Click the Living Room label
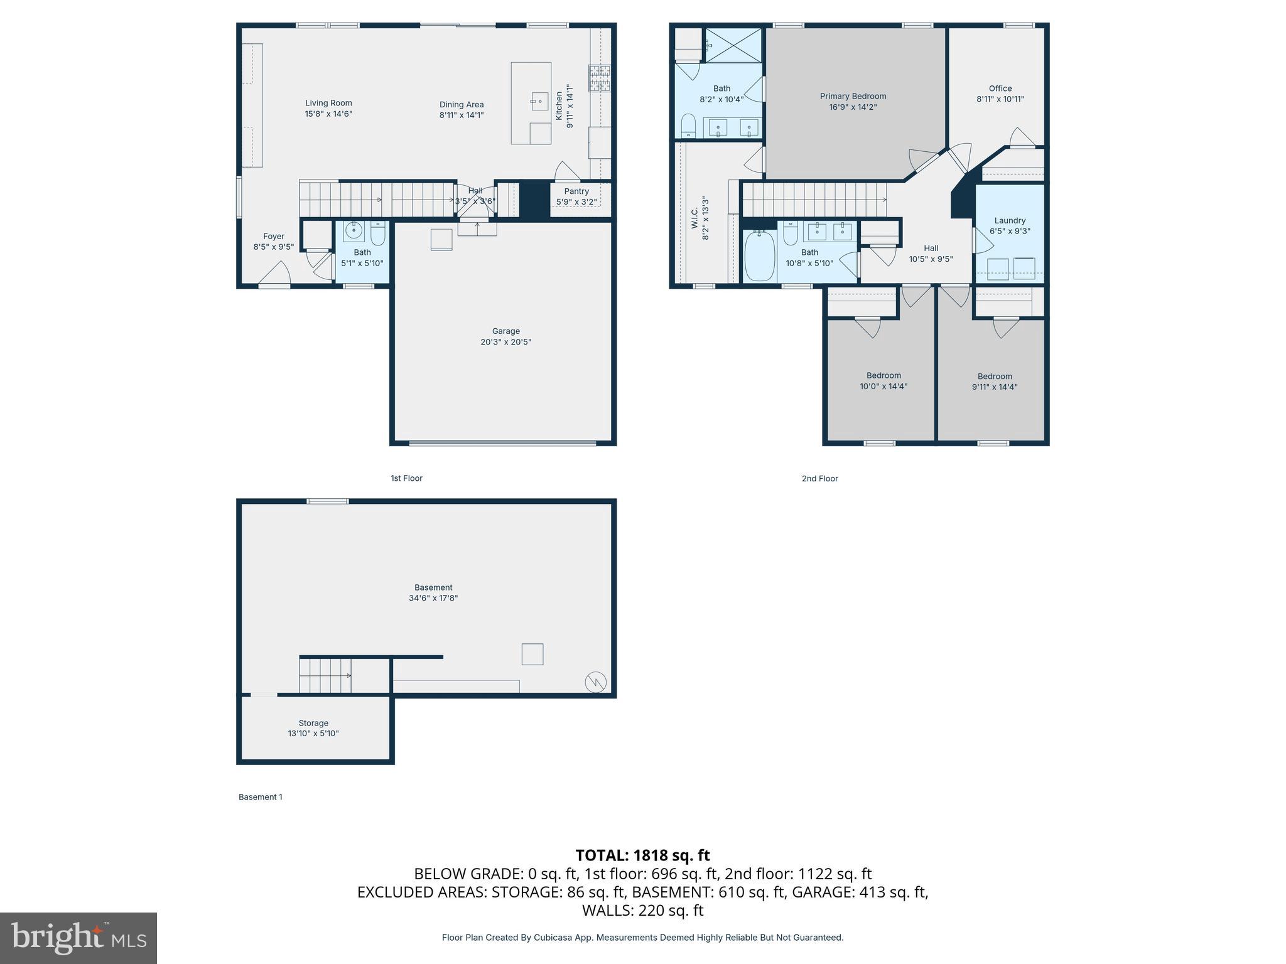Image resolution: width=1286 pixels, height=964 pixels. [x=328, y=103]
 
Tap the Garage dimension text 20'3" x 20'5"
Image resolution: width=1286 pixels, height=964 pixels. [x=505, y=342]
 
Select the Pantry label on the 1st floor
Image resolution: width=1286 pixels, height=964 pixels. [x=576, y=191]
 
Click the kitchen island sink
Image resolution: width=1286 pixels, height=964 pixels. [x=539, y=101]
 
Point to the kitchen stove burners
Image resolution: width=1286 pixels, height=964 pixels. [x=599, y=78]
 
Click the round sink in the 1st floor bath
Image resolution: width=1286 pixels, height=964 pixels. [x=354, y=231]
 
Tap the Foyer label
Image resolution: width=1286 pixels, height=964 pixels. [x=274, y=237]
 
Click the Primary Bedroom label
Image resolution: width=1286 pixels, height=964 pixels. [x=853, y=96]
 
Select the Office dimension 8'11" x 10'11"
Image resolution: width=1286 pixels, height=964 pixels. [x=1000, y=99]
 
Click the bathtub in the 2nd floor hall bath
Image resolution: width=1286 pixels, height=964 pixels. [x=759, y=257]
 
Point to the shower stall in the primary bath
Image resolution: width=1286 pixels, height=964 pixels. [x=733, y=45]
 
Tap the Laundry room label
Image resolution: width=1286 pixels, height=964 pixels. [x=1010, y=220]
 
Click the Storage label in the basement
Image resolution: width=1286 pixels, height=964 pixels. [x=313, y=723]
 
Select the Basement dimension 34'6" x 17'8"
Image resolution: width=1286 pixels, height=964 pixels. [x=433, y=598]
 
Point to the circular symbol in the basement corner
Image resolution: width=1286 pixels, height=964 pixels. [x=595, y=682]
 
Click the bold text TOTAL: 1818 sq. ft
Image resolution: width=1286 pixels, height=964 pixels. [x=642, y=855]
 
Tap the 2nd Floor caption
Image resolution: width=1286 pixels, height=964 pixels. [x=819, y=478]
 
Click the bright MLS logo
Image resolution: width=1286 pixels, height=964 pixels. [x=78, y=938]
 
